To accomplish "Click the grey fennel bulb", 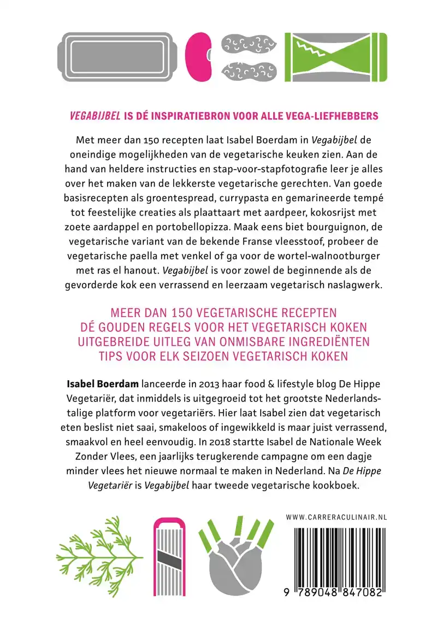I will coord(235,563).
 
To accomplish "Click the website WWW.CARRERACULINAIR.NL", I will coord(336,516).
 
